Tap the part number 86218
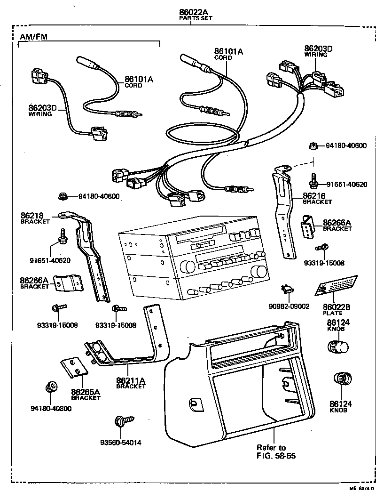pos(31,216)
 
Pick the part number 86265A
pos(86,391)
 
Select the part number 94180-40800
pos(51,408)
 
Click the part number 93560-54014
pos(120,442)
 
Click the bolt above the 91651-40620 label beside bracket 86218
pos(62,235)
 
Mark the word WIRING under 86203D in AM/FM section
pos(40,114)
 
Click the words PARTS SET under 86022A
pos(196,18)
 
